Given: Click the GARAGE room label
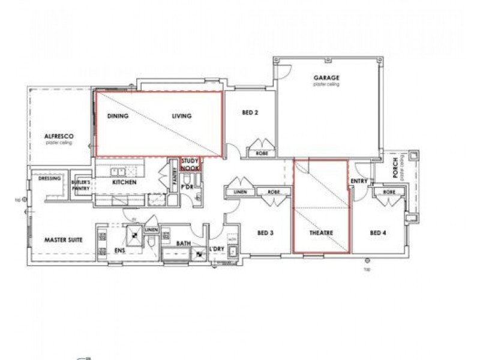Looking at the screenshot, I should point(326,78).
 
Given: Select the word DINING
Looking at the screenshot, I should point(118,116).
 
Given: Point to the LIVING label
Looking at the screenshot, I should point(181,116).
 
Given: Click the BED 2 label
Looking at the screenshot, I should point(250,112).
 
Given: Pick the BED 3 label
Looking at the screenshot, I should point(266,233).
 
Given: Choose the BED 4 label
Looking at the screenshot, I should point(377,233).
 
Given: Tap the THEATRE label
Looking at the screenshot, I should point(320,233).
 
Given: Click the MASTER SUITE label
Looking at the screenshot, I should point(63,240).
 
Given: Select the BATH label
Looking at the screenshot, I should point(183,244).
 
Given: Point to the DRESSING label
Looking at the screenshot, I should point(47,178).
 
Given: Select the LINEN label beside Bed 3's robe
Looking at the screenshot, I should point(240,192).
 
